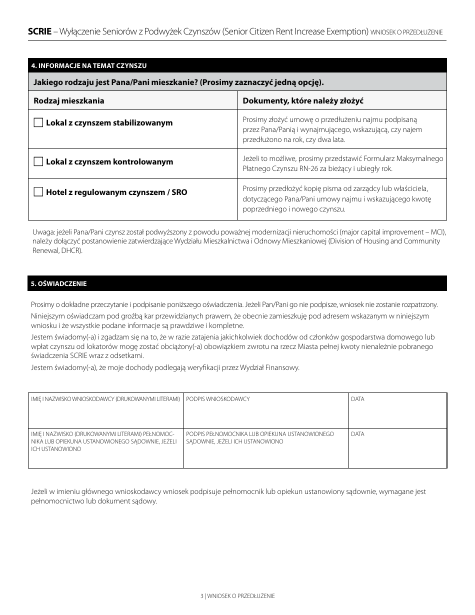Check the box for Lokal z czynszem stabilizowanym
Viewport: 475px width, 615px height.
pos(38,122)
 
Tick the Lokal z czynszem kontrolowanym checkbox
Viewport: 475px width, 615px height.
pos(38,161)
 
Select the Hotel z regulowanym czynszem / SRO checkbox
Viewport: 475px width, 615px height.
pos(38,191)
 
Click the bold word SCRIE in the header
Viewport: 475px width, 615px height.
pos(39,31)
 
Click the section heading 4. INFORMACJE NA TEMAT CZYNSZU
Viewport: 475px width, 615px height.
pos(88,65)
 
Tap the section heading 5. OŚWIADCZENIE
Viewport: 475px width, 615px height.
pos(59,283)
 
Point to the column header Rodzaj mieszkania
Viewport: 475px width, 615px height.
pos(69,100)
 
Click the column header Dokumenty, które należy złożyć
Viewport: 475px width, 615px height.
pos(302,100)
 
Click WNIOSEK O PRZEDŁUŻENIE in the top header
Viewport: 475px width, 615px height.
pos(406,32)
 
